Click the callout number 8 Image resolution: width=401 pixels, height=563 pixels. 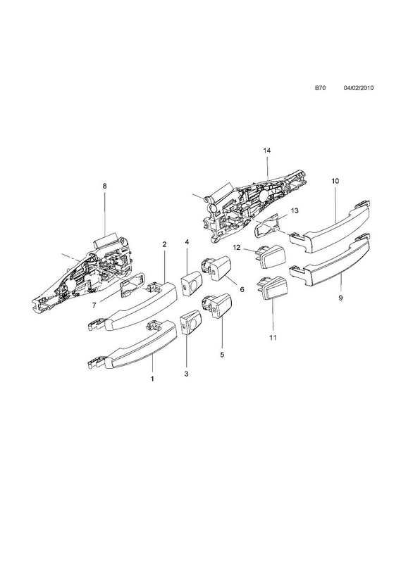coord(105,186)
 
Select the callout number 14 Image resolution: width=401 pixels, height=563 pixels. coord(266,151)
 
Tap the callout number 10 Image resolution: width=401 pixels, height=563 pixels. coord(335,181)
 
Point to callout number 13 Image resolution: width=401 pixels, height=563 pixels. coord(295,210)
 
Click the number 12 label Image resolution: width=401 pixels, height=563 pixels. coord(236,248)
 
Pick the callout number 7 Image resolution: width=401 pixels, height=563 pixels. coord(94,305)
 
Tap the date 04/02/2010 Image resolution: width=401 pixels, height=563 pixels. coord(359,87)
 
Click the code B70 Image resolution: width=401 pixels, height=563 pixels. coord(320,87)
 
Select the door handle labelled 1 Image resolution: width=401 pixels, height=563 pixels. coord(132,346)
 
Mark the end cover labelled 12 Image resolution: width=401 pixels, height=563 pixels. coord(271,255)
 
